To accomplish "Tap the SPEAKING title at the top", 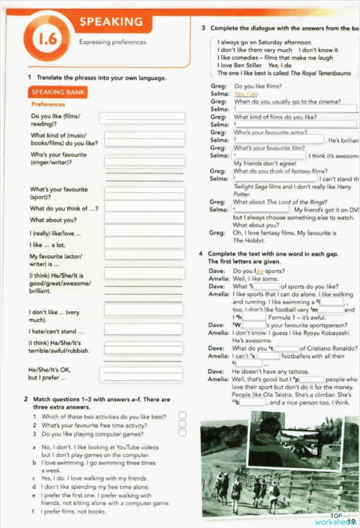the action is tap(111, 22).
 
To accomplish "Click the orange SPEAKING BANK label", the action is tap(58, 92).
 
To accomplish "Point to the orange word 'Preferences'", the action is tap(48, 104).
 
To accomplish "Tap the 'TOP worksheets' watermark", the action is tap(336, 519).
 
